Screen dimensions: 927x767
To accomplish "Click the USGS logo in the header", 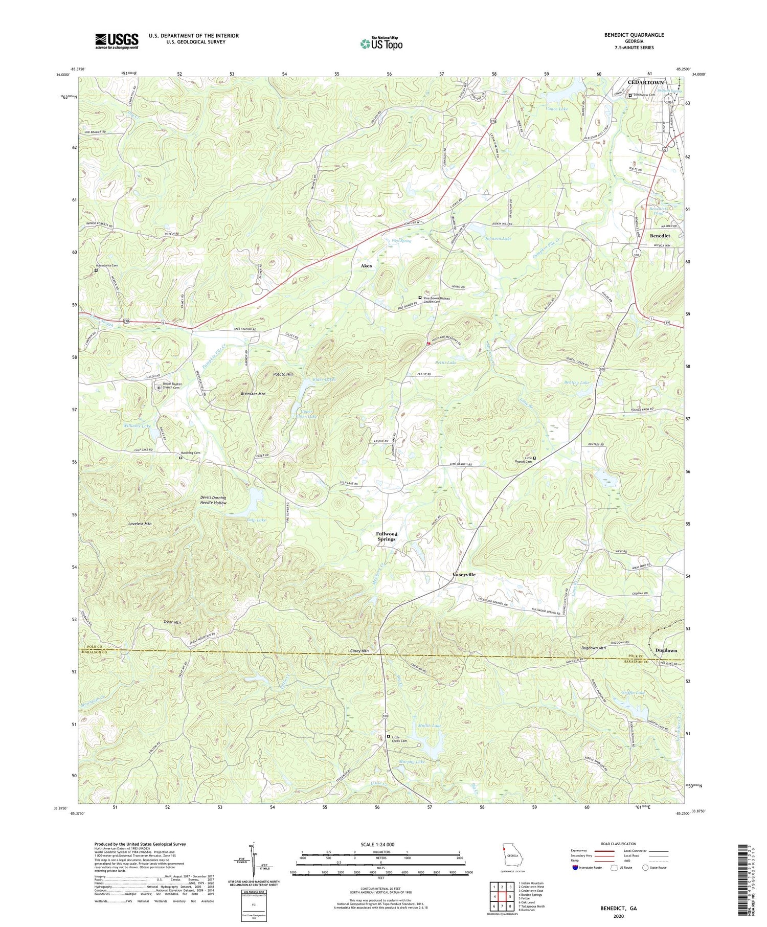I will (117, 41).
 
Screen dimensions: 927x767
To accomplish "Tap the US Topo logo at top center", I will (381, 43).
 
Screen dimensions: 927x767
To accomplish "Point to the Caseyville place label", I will (464, 575).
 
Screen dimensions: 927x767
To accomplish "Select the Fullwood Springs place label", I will (387, 536).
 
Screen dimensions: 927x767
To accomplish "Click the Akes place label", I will (366, 266).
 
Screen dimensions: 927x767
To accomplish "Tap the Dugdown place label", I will (666, 650).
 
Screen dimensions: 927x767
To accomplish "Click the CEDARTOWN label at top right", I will (646, 82).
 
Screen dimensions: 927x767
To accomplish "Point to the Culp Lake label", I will (256, 520).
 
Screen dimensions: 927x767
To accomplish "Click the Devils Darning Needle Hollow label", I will (213, 500).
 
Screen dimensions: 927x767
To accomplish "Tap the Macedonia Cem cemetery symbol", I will (96, 270).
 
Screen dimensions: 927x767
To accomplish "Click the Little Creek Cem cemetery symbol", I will (389, 736).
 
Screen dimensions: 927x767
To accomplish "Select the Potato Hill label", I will (283, 374).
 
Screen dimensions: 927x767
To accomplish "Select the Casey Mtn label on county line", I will (359, 651).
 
